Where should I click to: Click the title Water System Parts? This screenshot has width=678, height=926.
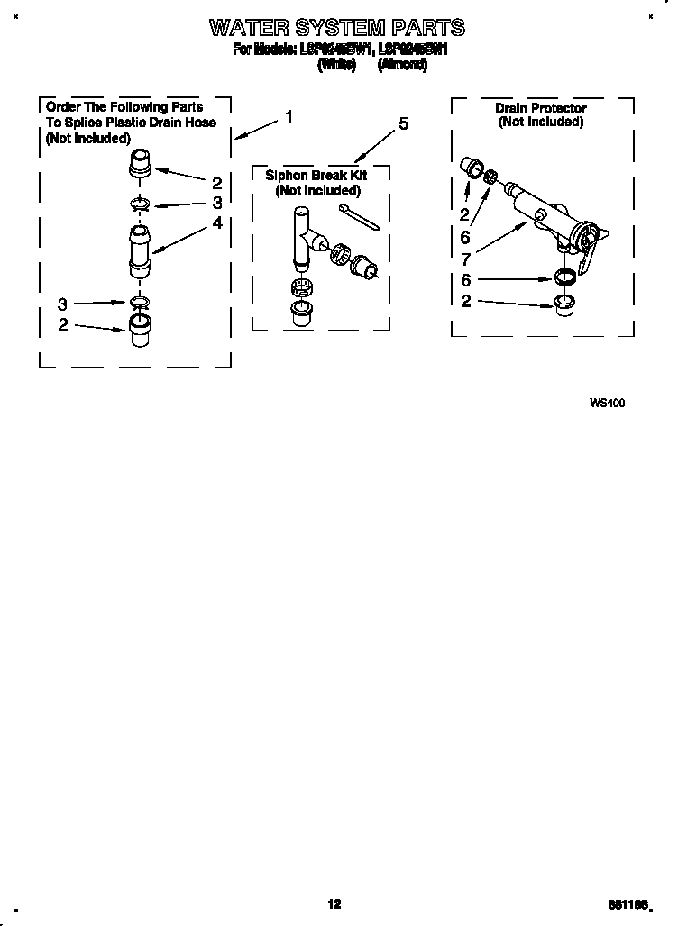[337, 28]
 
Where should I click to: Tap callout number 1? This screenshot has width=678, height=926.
[289, 116]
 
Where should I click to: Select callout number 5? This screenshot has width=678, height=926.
[403, 123]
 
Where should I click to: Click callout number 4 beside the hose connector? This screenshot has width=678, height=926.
[217, 222]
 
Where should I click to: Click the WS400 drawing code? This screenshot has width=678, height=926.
[607, 403]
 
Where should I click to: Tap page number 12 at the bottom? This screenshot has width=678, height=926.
[334, 904]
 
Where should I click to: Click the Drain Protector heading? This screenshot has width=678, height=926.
[540, 108]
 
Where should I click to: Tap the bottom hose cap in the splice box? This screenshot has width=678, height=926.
[138, 329]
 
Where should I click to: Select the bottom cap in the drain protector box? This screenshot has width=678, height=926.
[564, 302]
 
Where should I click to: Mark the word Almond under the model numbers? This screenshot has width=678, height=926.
[397, 65]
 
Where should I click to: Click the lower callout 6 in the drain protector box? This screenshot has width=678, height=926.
[466, 280]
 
